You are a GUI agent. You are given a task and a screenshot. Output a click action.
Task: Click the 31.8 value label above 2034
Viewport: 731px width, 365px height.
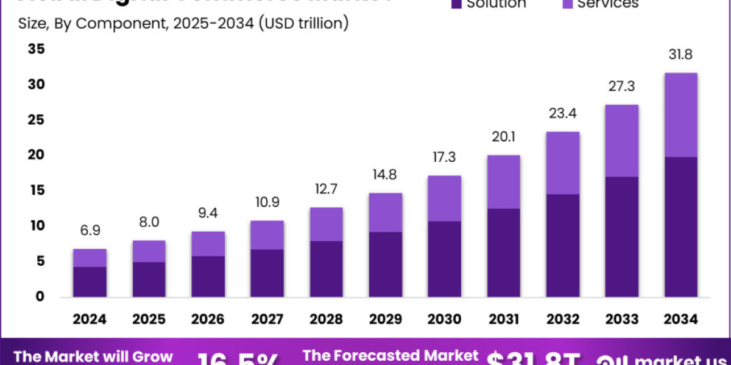(680, 55)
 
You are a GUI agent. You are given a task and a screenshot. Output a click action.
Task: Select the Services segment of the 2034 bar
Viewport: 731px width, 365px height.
(680, 115)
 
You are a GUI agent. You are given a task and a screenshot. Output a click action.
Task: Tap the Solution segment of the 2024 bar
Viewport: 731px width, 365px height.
(90, 282)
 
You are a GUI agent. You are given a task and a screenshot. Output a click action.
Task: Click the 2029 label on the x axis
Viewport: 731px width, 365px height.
(385, 319)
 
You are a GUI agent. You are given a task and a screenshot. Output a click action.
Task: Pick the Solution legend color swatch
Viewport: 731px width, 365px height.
(456, 4)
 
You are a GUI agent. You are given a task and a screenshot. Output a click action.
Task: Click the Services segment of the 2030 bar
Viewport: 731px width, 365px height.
(444, 198)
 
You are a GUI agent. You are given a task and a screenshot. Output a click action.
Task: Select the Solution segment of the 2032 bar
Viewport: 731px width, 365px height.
(562, 245)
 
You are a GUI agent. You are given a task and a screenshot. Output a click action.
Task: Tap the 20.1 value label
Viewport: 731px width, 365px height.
(503, 137)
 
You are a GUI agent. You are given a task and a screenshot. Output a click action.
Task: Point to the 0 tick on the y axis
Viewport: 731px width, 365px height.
(40, 297)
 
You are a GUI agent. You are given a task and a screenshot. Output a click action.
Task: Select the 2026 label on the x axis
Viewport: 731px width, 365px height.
(208, 319)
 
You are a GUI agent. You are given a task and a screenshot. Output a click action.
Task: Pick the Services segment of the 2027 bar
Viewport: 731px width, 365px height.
(267, 235)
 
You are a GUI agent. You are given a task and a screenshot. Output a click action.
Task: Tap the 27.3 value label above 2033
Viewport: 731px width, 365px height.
(621, 86)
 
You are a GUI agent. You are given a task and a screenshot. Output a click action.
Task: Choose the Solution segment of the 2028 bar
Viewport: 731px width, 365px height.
(326, 269)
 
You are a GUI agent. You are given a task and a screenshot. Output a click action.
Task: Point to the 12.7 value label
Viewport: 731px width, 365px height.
(326, 190)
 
